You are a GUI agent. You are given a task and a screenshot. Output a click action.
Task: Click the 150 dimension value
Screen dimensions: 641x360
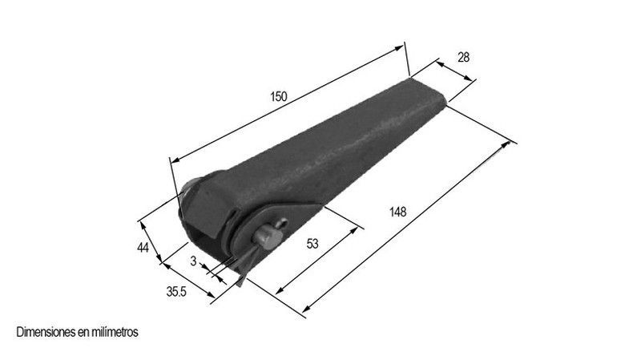point(279,96)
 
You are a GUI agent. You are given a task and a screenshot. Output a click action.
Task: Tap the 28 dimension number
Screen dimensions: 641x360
point(463,58)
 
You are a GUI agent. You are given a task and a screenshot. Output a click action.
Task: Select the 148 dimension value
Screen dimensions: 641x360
point(397,212)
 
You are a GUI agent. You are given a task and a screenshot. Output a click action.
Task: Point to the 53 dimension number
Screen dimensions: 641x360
point(312,244)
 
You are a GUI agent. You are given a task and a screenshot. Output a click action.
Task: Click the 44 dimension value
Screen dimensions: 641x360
point(143,248)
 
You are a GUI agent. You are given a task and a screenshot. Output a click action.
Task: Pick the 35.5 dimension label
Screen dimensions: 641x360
point(176,292)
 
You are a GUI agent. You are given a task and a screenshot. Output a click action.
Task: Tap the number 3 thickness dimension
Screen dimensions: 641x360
point(193,261)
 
